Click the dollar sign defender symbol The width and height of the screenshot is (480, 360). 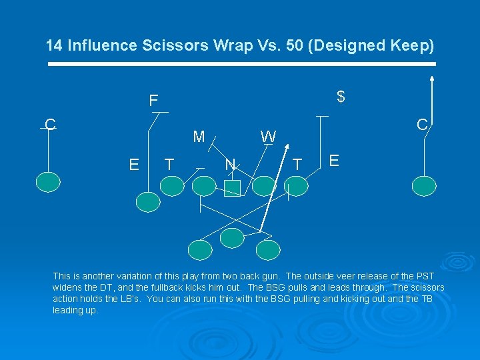pos(341,97)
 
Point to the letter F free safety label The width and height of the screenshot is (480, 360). pos(153,101)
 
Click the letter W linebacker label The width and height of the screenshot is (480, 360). pos(269,137)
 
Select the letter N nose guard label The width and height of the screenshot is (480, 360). pos(231,164)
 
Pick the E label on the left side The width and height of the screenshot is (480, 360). pos(134,165)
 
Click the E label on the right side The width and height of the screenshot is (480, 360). pos(335,161)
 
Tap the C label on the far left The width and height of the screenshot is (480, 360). pos(50,125)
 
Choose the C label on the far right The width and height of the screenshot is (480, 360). pos(421,125)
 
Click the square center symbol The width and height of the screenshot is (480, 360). pos(231,189)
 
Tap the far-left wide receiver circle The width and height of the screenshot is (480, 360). pos(48,181)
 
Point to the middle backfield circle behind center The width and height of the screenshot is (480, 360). pos(233,237)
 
